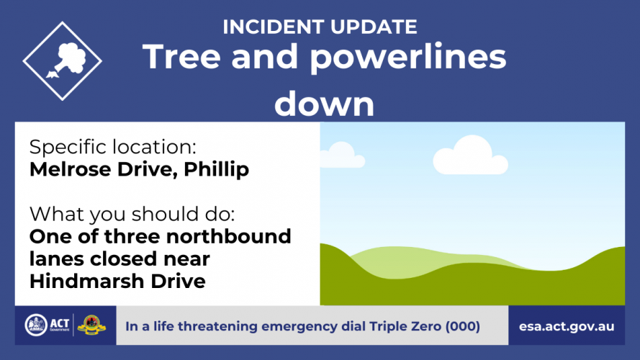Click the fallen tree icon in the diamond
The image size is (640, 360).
coord(67,60)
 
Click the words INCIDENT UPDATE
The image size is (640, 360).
coord(320,27)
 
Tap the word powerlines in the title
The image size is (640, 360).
coord(408,57)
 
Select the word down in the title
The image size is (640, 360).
coord(325,104)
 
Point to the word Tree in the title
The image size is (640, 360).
coord(181,56)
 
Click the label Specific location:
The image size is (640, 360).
coord(112,147)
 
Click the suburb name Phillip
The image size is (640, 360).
coord(216,170)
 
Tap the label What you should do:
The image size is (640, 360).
coord(132,215)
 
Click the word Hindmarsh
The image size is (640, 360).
coord(87,282)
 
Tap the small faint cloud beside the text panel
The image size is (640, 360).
coord(342,155)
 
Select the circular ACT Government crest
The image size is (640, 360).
coord(36,325)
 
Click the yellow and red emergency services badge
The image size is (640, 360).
coord(91,325)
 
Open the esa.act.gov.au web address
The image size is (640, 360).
coord(567,327)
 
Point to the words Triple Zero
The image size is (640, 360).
coord(405,327)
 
